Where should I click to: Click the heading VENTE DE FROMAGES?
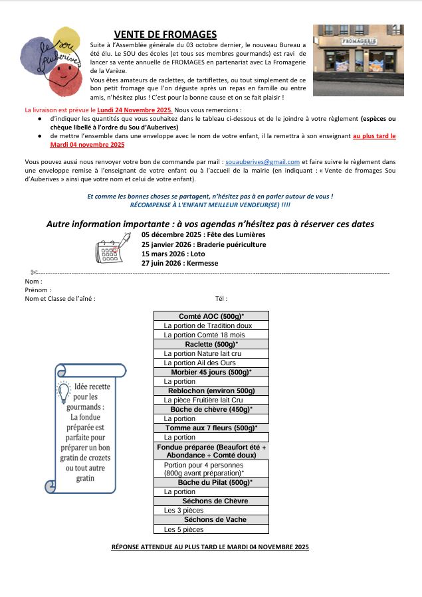(165, 35)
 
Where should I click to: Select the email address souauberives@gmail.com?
(262, 161)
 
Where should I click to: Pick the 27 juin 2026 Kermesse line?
(179, 263)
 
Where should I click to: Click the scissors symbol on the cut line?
(34, 272)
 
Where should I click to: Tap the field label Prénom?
(38, 290)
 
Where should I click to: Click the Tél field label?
(221, 298)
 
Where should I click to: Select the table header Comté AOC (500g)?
(211, 316)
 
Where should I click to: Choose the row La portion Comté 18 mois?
(204, 335)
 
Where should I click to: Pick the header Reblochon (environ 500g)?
(211, 390)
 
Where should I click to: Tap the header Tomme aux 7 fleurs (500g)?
(211, 428)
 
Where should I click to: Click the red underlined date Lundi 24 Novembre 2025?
(134, 109)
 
